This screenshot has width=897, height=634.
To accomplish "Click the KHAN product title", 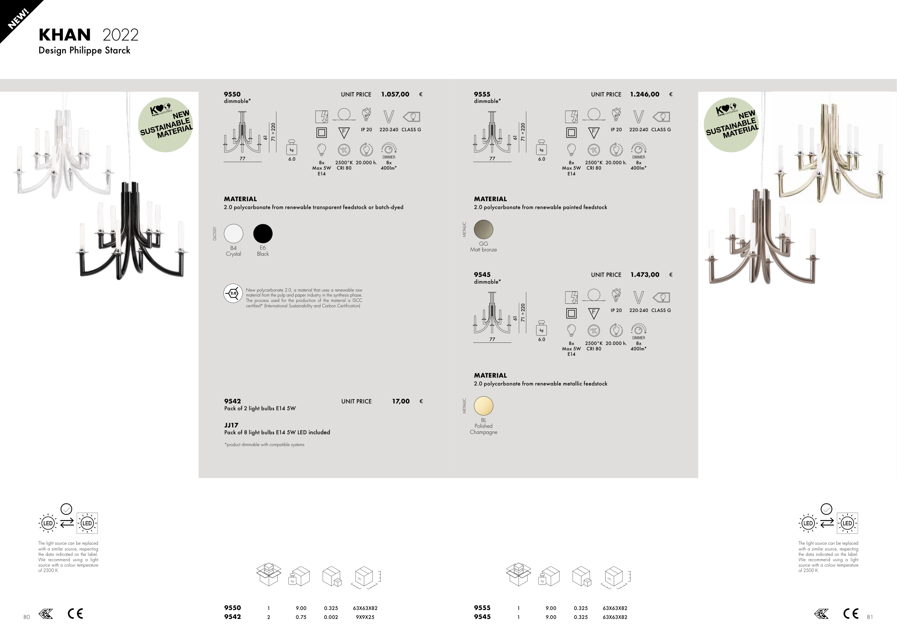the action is (x=65, y=35).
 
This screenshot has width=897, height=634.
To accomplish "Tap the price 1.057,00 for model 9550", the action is (x=395, y=94).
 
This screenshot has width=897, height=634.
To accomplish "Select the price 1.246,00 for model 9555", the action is (x=645, y=94).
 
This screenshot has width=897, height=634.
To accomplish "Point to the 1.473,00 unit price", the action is (x=645, y=275).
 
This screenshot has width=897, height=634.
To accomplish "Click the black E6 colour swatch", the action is (x=263, y=233).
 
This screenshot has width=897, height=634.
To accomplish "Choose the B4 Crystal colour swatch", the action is (x=234, y=233).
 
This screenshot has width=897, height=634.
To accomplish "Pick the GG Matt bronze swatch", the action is (x=484, y=229).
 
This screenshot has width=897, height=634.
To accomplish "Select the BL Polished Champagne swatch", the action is (x=484, y=406).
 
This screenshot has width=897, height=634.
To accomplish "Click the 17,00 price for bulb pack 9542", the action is (x=401, y=401).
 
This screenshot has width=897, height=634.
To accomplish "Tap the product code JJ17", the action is (x=231, y=425).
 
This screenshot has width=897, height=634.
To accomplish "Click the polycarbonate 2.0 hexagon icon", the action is (x=233, y=293).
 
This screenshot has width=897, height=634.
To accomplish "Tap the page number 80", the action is (x=27, y=617).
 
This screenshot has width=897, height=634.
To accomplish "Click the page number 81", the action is (x=870, y=617).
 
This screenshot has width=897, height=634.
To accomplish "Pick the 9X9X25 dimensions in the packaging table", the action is (x=365, y=617).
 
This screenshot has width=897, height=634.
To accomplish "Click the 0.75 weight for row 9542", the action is (x=301, y=617).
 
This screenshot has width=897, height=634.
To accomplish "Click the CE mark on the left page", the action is (x=75, y=614).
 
